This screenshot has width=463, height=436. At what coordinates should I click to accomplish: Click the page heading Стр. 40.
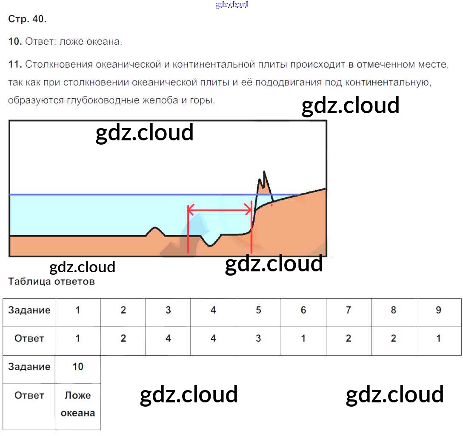tap(27, 19)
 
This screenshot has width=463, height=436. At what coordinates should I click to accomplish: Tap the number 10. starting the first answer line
tap(15, 42)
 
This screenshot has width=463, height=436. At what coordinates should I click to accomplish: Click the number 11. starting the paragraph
tap(15, 65)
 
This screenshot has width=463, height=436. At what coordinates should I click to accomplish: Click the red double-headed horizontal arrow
tap(220, 209)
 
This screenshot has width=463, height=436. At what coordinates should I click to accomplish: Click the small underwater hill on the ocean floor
tap(156, 231)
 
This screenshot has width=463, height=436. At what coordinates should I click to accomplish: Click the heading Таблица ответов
tap(51, 281)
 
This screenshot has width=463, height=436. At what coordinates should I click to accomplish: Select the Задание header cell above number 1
tap(29, 310)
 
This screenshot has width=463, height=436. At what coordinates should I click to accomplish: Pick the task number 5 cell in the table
tap(258, 310)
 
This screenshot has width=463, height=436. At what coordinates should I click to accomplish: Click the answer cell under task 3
tap(168, 339)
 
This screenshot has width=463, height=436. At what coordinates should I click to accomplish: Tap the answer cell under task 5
tap(258, 339)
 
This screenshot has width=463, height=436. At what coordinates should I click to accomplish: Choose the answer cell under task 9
tap(438, 339)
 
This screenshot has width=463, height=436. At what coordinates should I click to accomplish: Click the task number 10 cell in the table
tap(78, 367)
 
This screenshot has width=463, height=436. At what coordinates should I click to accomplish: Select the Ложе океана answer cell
tap(78, 404)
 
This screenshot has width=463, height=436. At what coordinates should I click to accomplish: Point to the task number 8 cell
tap(393, 310)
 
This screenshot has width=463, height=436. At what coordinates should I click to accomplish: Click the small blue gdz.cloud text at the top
tap(231, 5)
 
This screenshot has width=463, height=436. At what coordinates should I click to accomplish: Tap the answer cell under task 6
tap(303, 339)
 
